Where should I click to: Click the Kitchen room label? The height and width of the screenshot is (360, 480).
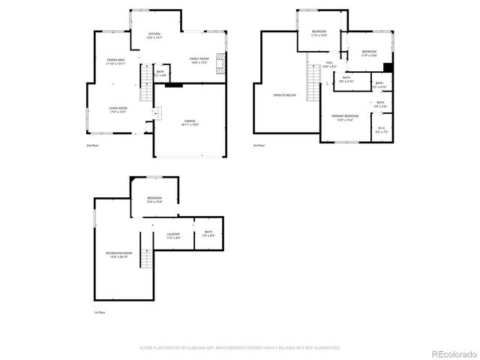pos(154,35)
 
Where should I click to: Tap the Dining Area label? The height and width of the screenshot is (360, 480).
pos(115,61)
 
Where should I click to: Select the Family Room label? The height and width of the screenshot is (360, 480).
pos(198,60)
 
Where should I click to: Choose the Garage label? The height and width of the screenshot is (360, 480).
pos(190,122)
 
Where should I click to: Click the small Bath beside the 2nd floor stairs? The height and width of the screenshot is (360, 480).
pos(160,74)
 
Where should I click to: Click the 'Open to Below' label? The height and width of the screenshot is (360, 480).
pos(284,95)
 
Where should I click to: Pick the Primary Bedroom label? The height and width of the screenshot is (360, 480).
pos(346,118)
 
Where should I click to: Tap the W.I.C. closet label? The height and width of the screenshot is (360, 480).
pos(381,130)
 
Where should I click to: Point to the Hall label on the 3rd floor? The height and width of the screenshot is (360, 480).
pos(329,64)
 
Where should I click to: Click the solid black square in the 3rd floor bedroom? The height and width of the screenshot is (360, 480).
pos(388,66)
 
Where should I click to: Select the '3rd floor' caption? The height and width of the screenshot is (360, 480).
pos(259,145)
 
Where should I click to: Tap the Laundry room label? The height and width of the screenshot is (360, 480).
pos(173,236)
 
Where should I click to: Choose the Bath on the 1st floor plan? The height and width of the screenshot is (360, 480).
pos(208,234)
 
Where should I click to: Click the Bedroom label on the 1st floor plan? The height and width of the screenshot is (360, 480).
pos(154,199)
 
